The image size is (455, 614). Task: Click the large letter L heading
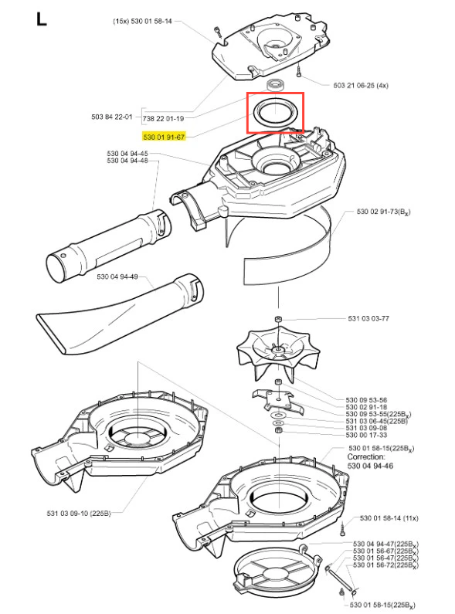click(41, 19)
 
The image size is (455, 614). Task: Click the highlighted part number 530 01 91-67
click(164, 137)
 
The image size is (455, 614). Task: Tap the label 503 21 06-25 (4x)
click(361, 85)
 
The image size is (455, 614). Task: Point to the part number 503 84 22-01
click(111, 117)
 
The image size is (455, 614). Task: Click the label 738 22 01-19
click(163, 118)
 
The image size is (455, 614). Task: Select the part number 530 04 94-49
click(117, 276)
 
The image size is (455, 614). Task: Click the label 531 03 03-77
click(368, 318)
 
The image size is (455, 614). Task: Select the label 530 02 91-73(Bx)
click(383, 212)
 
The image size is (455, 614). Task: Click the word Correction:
click(366, 457)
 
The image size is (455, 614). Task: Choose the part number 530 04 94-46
click(371, 466)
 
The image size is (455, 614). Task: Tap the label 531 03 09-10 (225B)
click(79, 513)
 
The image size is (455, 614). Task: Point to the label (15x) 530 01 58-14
click(142, 21)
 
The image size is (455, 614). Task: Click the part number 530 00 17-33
click(366, 435)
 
